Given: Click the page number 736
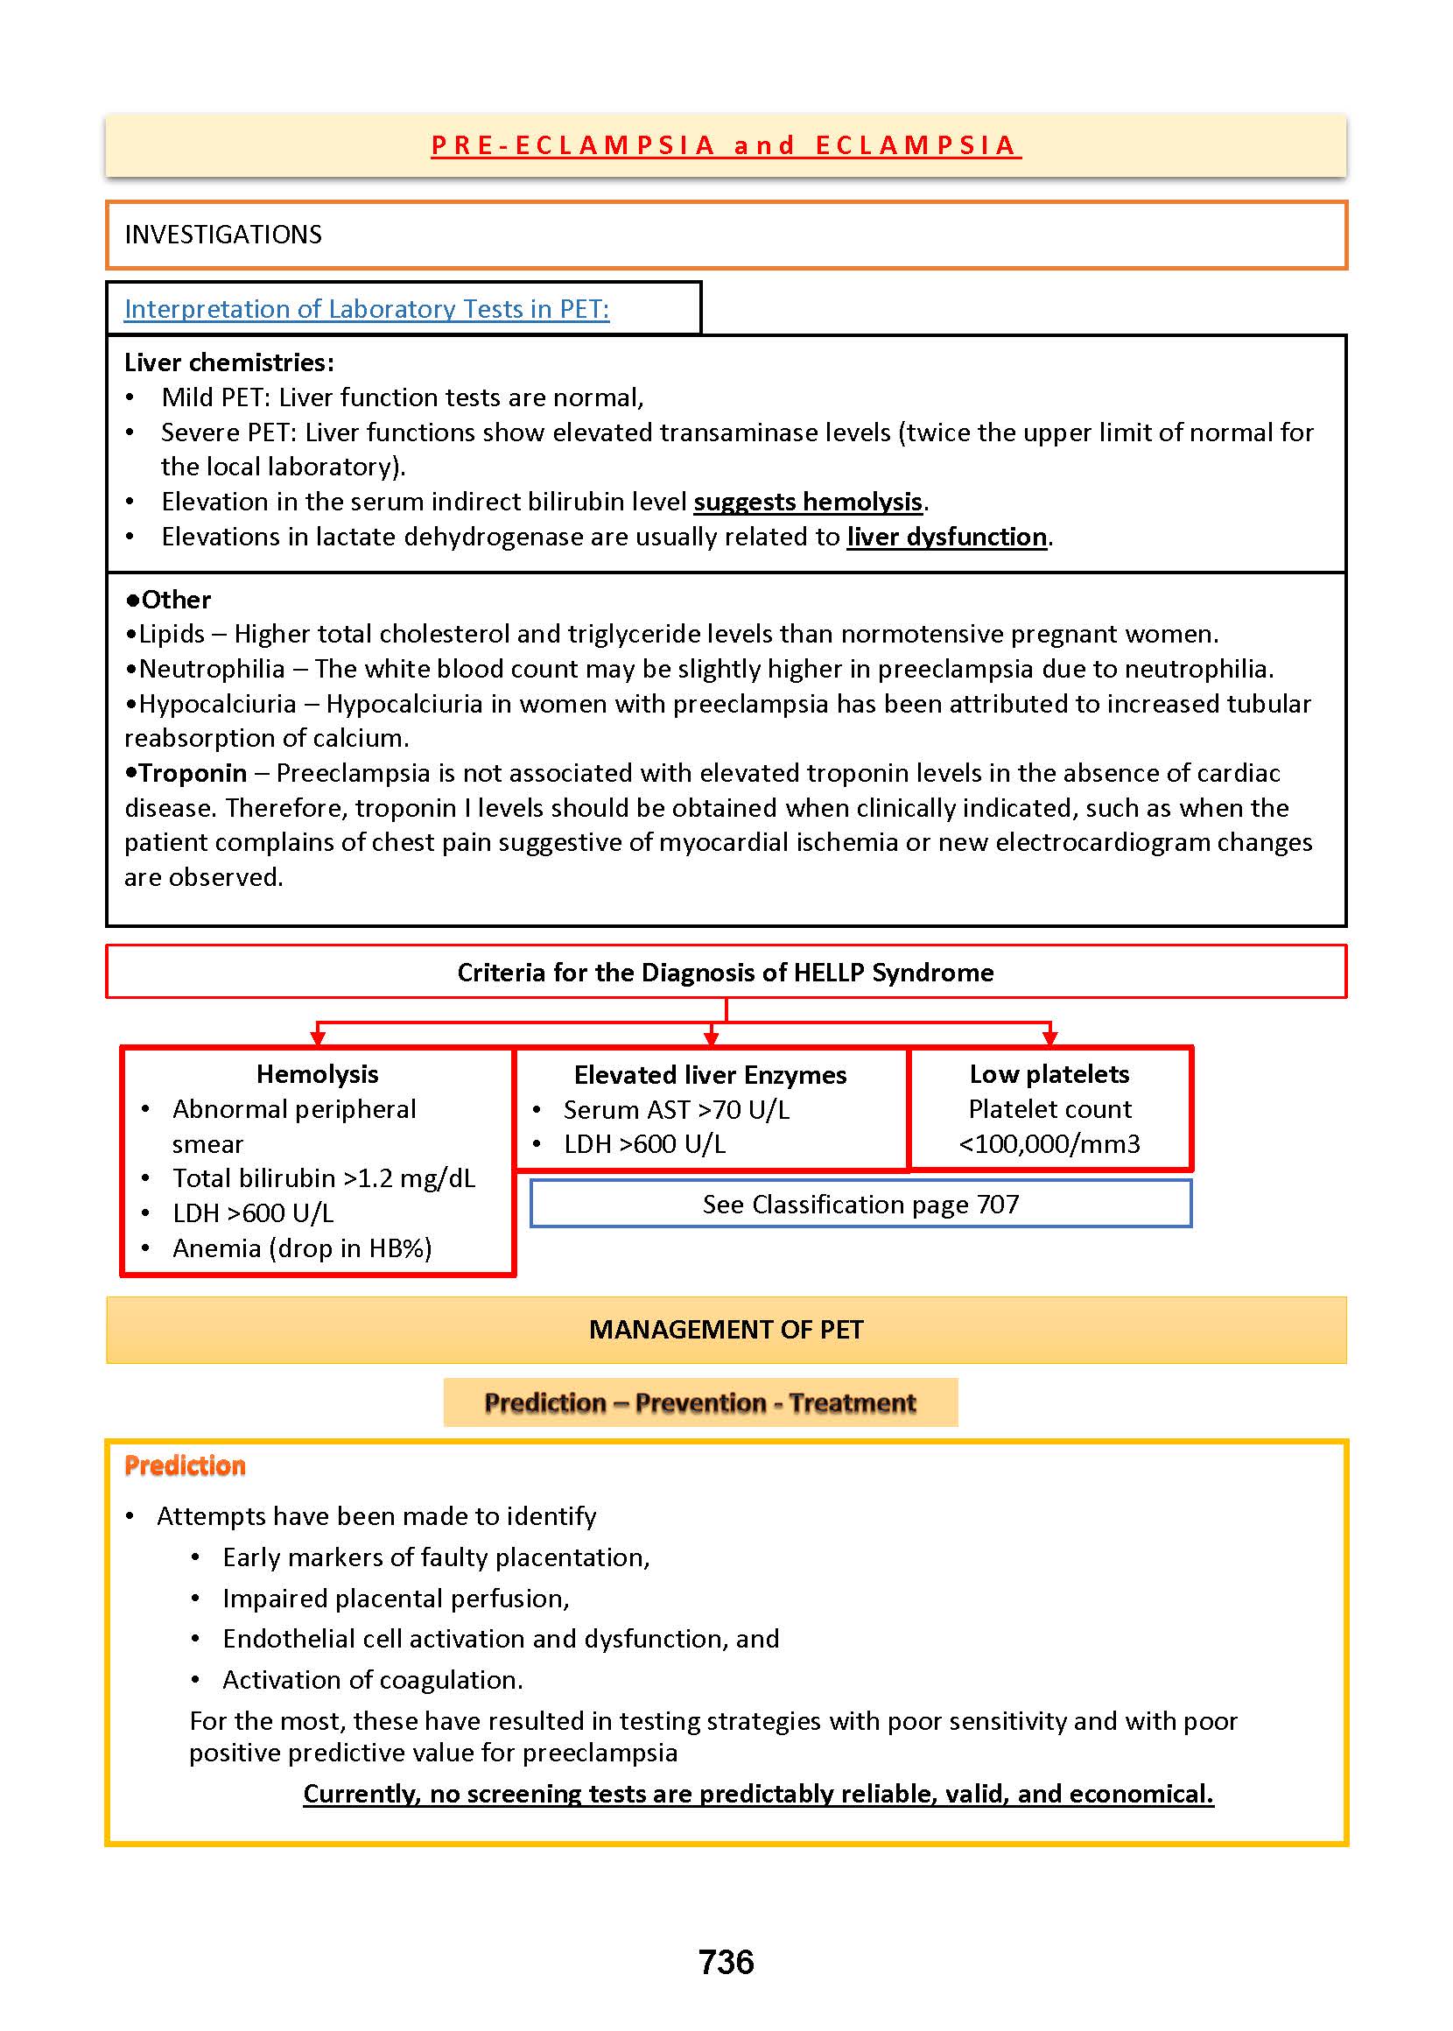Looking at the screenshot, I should [726, 1962].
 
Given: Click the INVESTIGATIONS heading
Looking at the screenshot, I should [223, 235].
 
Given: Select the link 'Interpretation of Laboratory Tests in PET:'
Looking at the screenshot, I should [367, 309].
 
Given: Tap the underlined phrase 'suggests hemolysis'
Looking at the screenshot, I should [807, 502].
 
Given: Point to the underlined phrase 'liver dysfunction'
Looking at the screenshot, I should [946, 537].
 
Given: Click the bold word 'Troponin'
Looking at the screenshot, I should [193, 773].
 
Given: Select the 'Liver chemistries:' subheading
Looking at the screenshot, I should [229, 362].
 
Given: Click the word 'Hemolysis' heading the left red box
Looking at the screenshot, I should [318, 1073].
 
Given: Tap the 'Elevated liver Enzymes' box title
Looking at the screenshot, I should [711, 1074].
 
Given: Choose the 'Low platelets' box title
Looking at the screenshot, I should [1049, 1073].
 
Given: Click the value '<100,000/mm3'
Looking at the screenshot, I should [1049, 1143].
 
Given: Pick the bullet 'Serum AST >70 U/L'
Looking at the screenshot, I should [677, 1109].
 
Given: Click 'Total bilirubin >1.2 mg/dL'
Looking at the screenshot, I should [324, 1178].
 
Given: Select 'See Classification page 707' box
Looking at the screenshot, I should [860, 1205].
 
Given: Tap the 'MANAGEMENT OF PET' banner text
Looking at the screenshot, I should [726, 1330].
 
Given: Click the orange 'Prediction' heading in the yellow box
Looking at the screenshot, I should [186, 1465].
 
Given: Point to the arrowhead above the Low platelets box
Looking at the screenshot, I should [1049, 1038].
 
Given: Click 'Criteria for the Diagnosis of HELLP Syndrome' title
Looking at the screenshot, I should [726, 973].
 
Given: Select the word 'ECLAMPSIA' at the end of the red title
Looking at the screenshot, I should [917, 145].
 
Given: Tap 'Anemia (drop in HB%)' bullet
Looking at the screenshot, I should [302, 1248].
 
